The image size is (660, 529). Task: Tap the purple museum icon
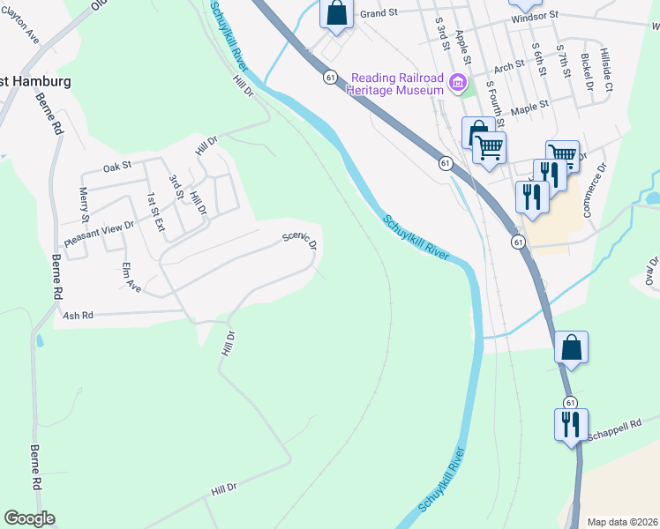[x=457, y=85]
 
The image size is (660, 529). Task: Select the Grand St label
[x=380, y=14]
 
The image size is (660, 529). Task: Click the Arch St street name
[x=509, y=67]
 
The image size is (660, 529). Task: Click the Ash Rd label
[x=78, y=315]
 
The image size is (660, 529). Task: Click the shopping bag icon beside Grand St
[x=336, y=13]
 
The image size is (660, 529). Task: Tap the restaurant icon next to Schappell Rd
[x=570, y=425]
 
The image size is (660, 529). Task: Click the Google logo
[x=29, y=518]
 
